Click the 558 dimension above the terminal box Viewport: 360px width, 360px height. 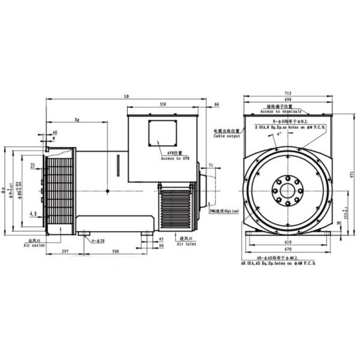pyautogui.click(x=163, y=103)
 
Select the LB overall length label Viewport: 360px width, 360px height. pyautogui.click(x=127, y=96)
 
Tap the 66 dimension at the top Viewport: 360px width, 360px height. pyautogui.click(x=216, y=104)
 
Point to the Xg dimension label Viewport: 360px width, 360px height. pyautogui.click(x=78, y=119)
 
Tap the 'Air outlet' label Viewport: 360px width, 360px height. pyautogui.click(x=34, y=245)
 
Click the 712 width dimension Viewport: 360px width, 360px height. pyautogui.click(x=288, y=93)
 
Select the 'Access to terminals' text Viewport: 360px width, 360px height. pyautogui.click(x=283, y=112)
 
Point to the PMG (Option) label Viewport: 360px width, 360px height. pyautogui.click(x=224, y=211)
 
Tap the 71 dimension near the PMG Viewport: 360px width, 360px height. pyautogui.click(x=211, y=164)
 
